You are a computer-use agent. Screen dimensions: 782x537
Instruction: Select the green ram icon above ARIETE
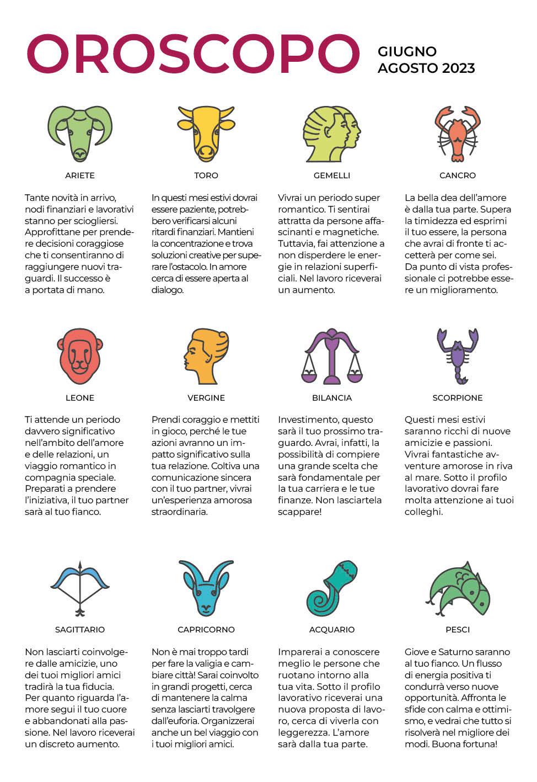point(80,133)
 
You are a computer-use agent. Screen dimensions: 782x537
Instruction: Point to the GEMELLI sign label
point(332,175)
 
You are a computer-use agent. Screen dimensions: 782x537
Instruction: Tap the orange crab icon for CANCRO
point(458,133)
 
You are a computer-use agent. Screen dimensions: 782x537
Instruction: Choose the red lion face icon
point(80,356)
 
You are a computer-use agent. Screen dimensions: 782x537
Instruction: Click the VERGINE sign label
point(206,398)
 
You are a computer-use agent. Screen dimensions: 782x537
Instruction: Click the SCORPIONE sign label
point(458,398)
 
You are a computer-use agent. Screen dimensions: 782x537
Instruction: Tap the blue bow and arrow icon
point(80,588)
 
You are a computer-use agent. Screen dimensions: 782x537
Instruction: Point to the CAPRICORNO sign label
point(206,630)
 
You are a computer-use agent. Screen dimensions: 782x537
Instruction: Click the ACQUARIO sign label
point(332,630)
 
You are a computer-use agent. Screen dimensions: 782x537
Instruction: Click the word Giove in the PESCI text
point(418,652)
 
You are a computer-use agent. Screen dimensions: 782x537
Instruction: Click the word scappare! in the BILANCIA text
point(299,512)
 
